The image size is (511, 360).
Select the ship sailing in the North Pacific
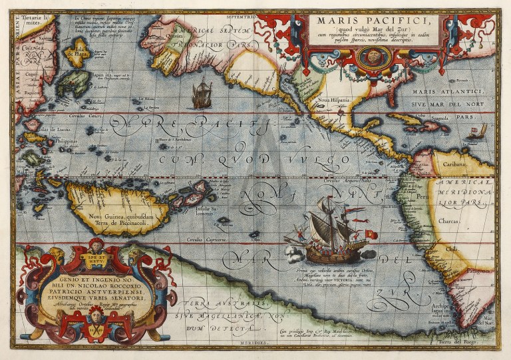coord(201,94)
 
